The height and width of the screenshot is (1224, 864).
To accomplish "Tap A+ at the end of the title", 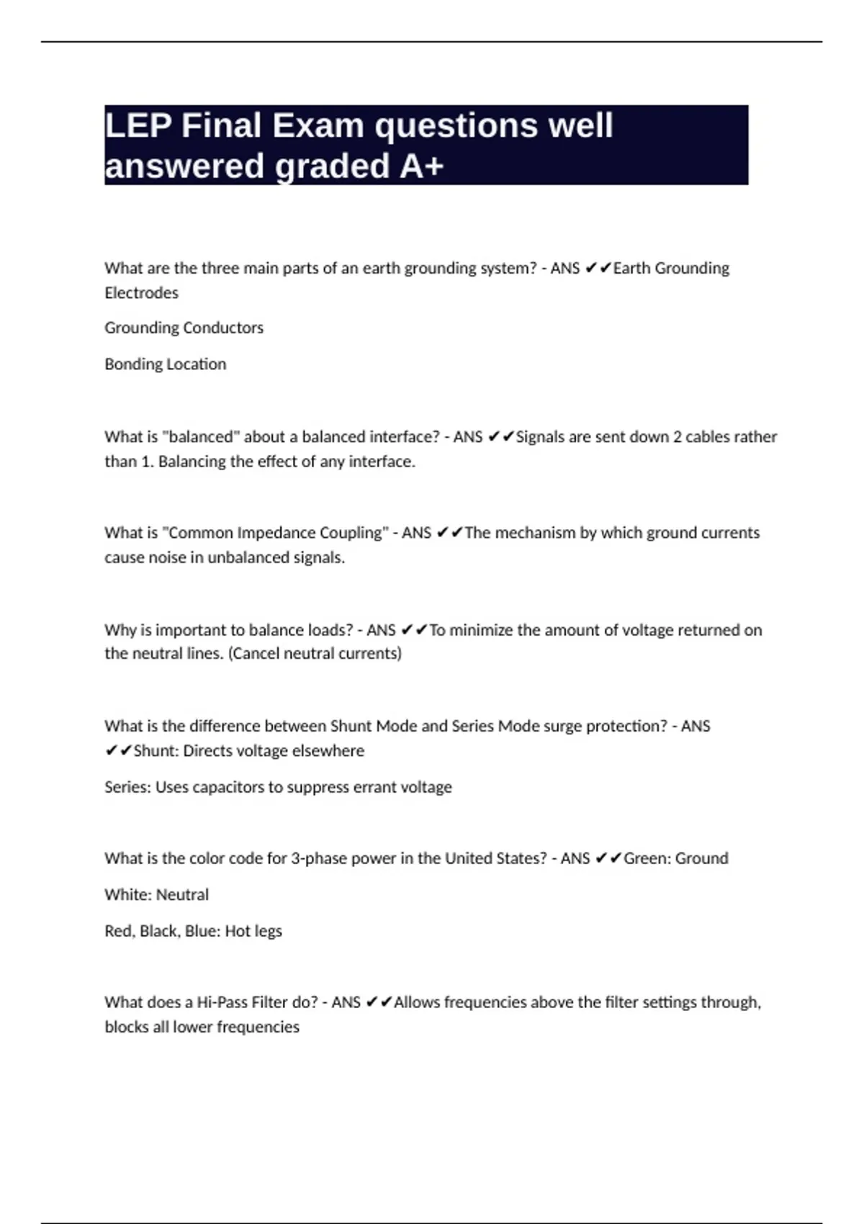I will click(421, 166).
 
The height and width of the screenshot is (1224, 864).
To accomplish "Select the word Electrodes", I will click(141, 293).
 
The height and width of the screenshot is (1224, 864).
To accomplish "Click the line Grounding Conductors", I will click(184, 328).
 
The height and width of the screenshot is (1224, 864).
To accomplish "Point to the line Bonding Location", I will click(165, 364).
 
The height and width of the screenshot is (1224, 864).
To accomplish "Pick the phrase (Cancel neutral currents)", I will click(315, 654).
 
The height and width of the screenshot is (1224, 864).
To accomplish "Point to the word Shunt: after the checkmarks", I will click(156, 751).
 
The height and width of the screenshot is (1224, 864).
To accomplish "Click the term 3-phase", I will click(318, 858).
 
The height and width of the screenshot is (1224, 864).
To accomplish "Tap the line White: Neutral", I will click(156, 895).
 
